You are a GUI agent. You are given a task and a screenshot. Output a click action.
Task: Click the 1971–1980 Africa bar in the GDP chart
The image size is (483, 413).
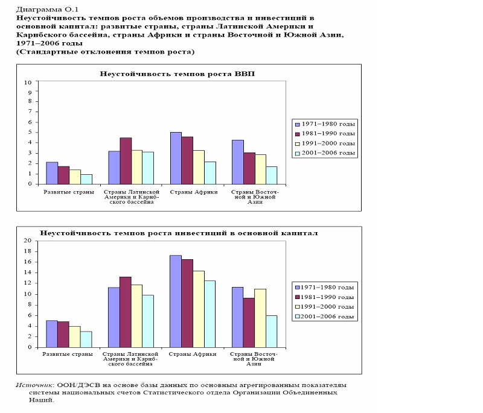[x=176, y=159]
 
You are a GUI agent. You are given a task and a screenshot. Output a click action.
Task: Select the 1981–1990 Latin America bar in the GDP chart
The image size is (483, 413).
[x=126, y=161]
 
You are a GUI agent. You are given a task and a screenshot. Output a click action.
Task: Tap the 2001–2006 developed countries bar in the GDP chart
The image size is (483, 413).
[x=86, y=180]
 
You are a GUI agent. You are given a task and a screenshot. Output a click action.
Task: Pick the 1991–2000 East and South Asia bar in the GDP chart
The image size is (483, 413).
[x=261, y=169]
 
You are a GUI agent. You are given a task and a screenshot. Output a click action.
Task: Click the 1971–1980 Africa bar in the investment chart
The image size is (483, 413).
[x=176, y=301]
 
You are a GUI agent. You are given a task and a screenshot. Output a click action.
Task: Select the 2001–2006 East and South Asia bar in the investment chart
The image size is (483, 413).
[x=272, y=332]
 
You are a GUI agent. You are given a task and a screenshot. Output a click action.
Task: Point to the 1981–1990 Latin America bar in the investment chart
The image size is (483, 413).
[x=126, y=312]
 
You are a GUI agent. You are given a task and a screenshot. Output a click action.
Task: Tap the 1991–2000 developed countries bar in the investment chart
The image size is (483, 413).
[x=75, y=337]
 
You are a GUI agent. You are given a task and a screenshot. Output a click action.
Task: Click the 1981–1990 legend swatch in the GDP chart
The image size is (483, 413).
[x=298, y=134]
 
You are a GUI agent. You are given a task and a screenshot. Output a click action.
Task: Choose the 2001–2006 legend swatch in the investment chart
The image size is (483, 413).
[x=298, y=317]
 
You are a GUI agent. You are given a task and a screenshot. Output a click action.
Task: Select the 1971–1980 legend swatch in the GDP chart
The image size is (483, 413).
[x=298, y=125]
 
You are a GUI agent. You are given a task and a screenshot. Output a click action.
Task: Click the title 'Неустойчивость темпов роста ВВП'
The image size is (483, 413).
[x=178, y=74]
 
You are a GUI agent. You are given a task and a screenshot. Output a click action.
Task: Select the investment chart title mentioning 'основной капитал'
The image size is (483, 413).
[x=179, y=233]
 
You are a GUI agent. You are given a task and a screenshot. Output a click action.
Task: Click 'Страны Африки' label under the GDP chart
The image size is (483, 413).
[x=194, y=192]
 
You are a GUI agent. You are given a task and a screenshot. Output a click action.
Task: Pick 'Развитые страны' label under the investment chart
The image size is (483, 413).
[x=68, y=355]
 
